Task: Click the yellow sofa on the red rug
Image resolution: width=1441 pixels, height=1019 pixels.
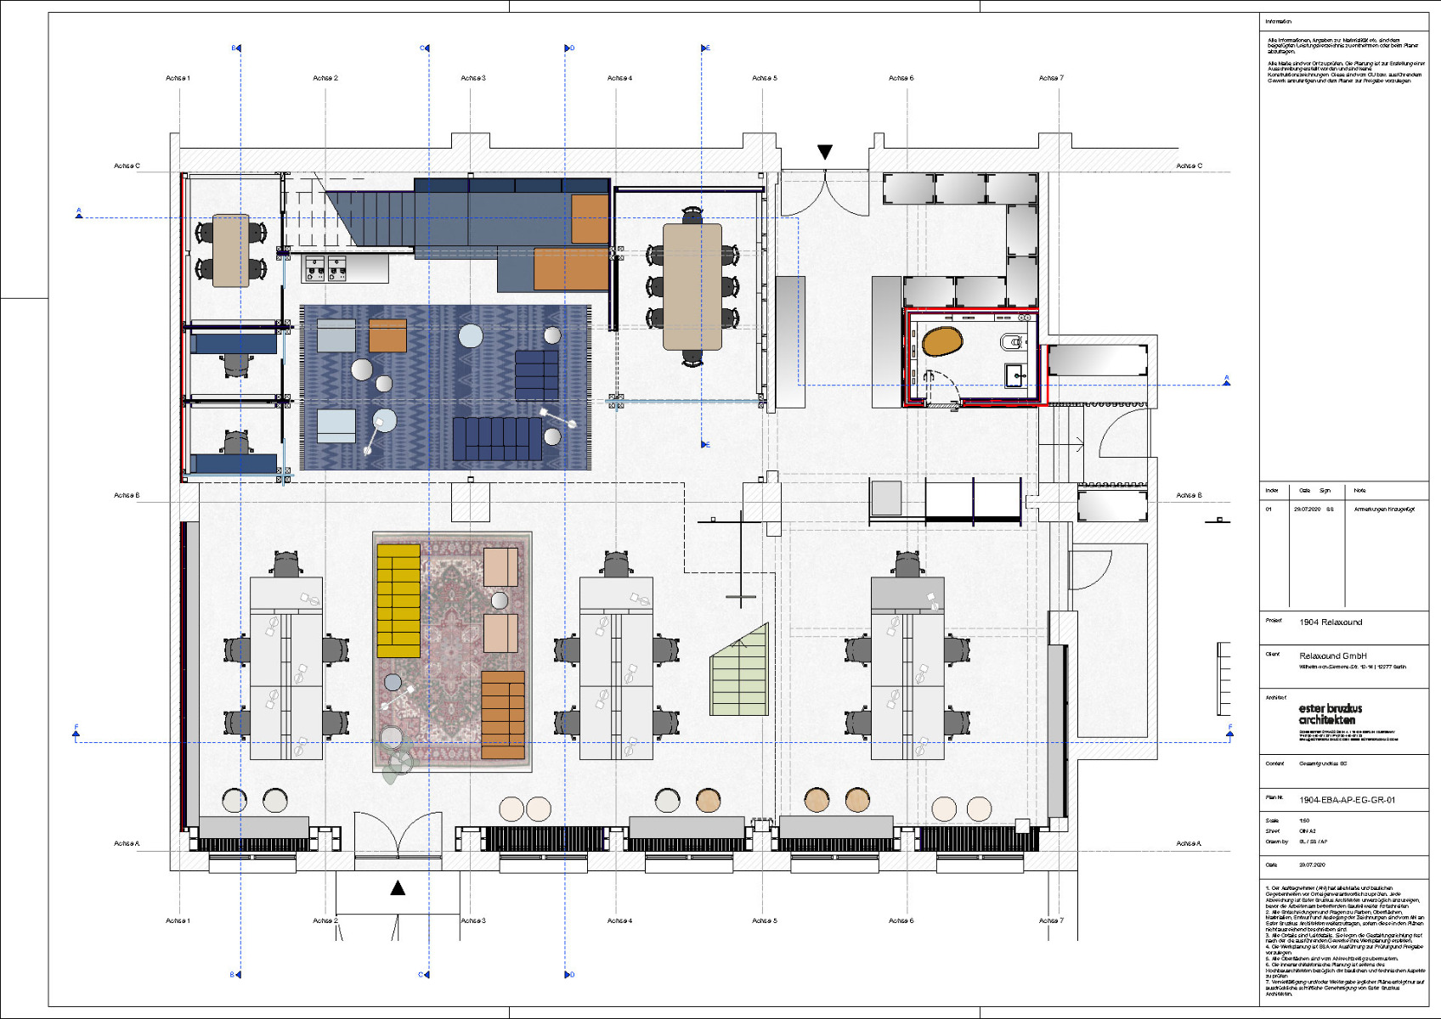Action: pos(398,600)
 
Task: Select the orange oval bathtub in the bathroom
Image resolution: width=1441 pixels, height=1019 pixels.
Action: pos(941,341)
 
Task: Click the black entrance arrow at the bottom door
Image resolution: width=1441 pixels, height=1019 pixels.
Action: pos(398,888)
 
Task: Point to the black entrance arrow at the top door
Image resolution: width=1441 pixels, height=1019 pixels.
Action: pos(824,152)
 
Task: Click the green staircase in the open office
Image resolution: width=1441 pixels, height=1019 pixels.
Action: pos(740,671)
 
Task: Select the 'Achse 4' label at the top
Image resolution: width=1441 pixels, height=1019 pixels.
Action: pos(619,78)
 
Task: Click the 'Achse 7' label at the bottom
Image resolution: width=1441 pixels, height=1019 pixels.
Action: pos(1050,920)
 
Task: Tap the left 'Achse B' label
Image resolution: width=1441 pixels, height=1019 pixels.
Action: pos(127,495)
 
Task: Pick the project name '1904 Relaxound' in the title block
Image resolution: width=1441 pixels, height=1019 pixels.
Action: pos(1330,622)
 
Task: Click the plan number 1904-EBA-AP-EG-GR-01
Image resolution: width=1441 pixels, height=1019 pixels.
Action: pos(1347,800)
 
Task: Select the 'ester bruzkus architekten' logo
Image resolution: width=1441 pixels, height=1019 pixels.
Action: pos(1330,714)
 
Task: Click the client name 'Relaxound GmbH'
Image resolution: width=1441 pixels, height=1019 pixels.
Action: pos(1332,656)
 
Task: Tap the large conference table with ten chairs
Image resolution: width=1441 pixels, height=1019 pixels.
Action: pos(692,286)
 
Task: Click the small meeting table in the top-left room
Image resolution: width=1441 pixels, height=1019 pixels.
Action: pos(230,251)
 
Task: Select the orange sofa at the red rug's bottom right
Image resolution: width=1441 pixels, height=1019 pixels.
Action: pos(503,714)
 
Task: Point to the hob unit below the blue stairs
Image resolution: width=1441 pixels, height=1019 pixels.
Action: pos(327,268)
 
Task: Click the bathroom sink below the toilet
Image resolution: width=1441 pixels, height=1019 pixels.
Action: pos(1016,374)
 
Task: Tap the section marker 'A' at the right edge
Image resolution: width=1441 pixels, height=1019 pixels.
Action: pos(1226,380)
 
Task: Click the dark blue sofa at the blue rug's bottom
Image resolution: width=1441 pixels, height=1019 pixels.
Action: pos(497,438)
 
